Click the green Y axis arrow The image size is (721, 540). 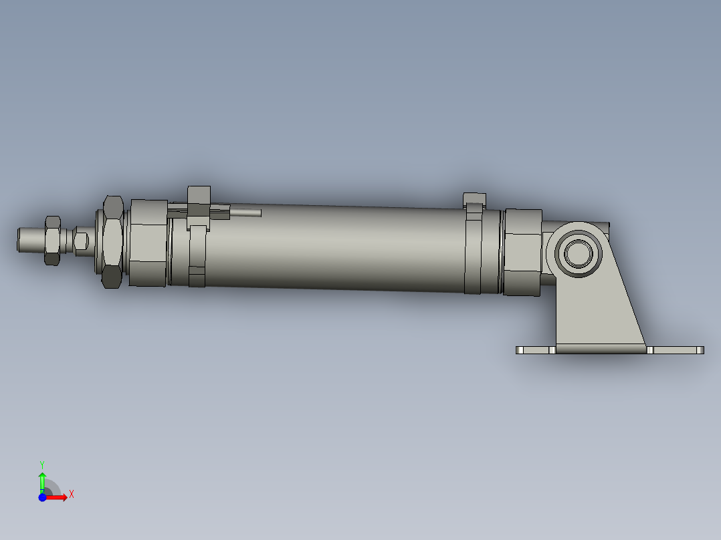point(41,480)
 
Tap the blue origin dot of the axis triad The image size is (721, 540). point(42,497)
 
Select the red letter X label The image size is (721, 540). point(71,495)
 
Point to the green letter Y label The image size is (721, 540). point(41,464)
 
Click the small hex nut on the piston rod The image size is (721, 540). point(52,239)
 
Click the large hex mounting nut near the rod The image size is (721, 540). point(112,241)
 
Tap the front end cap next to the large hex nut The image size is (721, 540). point(148,243)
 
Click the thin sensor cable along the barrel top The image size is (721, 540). point(245,213)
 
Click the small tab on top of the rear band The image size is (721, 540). point(474,198)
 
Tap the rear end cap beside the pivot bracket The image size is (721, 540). point(522,252)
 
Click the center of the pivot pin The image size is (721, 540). point(576,253)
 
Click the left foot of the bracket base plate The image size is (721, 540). point(535,350)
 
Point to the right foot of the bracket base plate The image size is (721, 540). point(677,350)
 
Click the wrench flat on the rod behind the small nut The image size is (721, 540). point(82,241)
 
